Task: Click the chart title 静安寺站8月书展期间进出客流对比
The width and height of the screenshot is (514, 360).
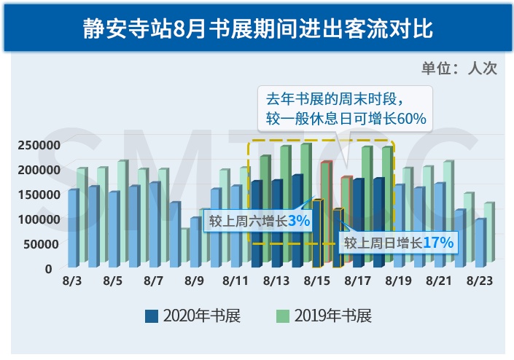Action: pos(257,31)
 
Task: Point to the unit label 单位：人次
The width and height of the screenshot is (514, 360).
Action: pos(459,69)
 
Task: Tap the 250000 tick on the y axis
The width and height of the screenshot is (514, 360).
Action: pos(36,144)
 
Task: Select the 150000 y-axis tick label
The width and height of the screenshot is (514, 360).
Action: pos(36,194)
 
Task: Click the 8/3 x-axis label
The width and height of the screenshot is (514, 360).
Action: pos(72,281)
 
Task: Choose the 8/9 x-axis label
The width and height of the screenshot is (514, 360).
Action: pos(195,281)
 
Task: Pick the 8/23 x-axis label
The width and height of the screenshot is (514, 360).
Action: pos(480,281)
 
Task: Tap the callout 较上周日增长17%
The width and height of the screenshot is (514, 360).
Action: pos(400,242)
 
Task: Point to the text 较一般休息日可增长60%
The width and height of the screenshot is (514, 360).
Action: pos(346,117)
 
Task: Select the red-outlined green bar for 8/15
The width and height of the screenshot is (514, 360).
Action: pos(326,211)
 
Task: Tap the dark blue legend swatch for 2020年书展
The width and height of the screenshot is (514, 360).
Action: pos(152,316)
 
